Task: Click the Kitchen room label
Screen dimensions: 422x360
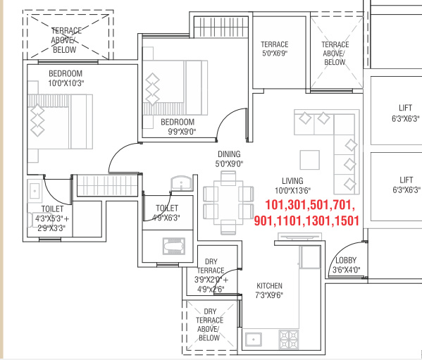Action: click(x=269, y=286)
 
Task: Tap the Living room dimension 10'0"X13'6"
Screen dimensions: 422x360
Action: click(x=292, y=190)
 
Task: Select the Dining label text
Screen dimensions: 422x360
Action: click(x=229, y=154)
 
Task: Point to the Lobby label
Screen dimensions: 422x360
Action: click(x=346, y=260)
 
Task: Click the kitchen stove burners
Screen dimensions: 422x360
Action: click(x=289, y=340)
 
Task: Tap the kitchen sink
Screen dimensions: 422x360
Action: click(x=253, y=340)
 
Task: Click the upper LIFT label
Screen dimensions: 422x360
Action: click(x=405, y=108)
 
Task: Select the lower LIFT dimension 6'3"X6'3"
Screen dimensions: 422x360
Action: click(x=406, y=190)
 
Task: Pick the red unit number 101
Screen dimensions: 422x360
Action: click(x=275, y=205)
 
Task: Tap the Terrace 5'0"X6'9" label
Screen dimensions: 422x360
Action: click(x=275, y=49)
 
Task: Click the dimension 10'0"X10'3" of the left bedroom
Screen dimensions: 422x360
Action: click(x=66, y=83)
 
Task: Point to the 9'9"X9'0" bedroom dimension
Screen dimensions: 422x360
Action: click(x=182, y=132)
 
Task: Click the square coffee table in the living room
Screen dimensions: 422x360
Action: click(x=310, y=160)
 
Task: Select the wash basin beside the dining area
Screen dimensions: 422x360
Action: click(x=181, y=183)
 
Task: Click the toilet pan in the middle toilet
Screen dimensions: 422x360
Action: click(x=174, y=246)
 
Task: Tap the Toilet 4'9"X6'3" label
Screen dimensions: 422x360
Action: click(x=166, y=213)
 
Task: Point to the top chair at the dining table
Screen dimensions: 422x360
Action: click(x=228, y=178)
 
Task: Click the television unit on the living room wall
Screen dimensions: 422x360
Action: click(x=300, y=237)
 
